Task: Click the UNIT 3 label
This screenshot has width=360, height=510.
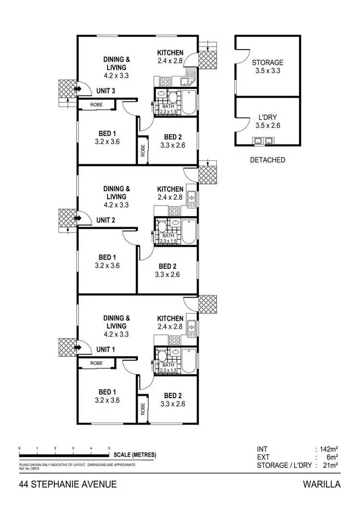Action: pyautogui.click(x=105, y=91)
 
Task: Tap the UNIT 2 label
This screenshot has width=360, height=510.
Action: pyautogui.click(x=105, y=220)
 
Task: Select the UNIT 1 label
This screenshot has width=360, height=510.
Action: pyautogui.click(x=105, y=349)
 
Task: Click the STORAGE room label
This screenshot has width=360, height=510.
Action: pyautogui.click(x=267, y=62)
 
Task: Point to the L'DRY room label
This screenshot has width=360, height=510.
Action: pyautogui.click(x=267, y=117)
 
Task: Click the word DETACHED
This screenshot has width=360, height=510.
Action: pyautogui.click(x=267, y=160)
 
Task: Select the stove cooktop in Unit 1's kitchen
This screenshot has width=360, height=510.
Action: pyautogui.click(x=174, y=340)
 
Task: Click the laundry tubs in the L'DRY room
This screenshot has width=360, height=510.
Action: pyautogui.click(x=264, y=141)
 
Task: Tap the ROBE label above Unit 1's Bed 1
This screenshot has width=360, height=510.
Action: pyautogui.click(x=96, y=364)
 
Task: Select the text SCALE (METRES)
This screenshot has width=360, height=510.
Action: pyautogui.click(x=135, y=455)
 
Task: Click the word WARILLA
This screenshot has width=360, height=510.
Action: pyautogui.click(x=322, y=485)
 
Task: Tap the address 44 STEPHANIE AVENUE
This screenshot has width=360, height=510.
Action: pyautogui.click(x=68, y=485)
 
